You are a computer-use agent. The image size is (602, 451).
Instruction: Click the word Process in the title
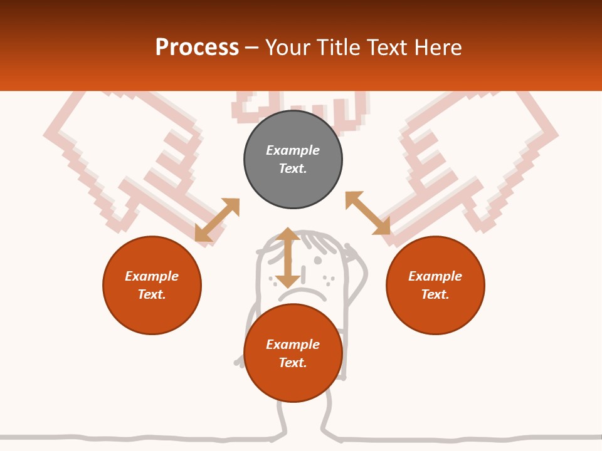pos(197,48)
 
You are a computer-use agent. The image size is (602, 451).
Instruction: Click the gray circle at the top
pos(293,160)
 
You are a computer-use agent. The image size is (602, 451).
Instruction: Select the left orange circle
pos(152,286)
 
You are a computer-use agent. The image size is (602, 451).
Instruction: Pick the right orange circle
pos(435,286)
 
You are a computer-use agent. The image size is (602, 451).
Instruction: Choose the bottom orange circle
pos(293,353)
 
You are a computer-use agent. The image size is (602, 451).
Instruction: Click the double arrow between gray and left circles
pos(218,220)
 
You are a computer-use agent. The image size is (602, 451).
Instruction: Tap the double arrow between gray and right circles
pos(368,213)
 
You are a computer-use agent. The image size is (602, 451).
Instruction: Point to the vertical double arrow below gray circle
pos(288,257)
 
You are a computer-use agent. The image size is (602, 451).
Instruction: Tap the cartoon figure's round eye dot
pos(318,261)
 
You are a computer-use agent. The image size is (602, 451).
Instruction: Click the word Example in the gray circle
pos(293,150)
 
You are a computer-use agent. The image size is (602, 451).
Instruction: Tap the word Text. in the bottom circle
pos(293,363)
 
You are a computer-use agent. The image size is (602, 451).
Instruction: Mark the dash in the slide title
pos(251,49)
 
